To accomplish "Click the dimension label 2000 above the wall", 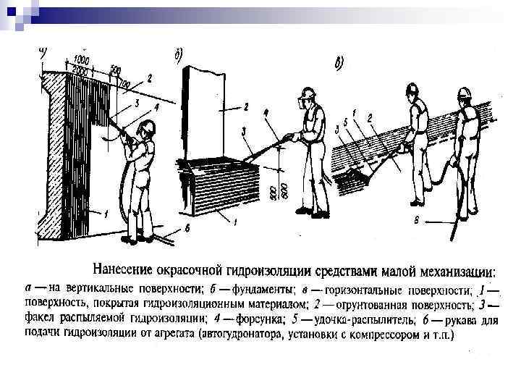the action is coord(80,71).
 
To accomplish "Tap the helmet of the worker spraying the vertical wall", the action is coord(147,129).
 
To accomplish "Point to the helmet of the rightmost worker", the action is coord(464,95).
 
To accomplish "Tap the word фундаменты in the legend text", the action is coord(234,289).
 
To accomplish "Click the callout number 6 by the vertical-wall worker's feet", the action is coord(187,228).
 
